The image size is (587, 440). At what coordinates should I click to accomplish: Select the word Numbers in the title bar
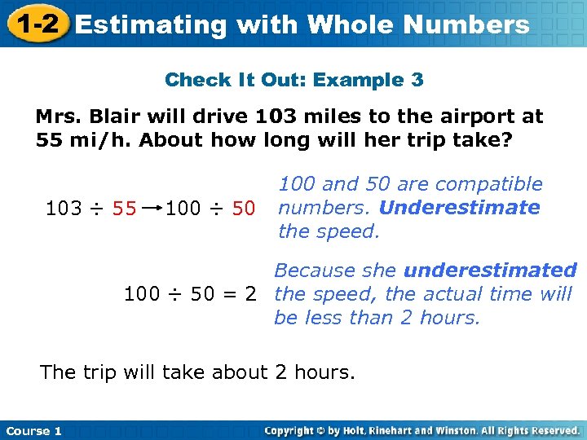(468, 24)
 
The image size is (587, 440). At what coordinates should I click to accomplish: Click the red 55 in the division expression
(125, 209)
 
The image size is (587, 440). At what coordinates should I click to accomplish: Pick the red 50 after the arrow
(243, 209)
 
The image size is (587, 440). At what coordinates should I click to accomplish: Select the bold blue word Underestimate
(459, 208)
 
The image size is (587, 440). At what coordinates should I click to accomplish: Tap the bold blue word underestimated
(490, 271)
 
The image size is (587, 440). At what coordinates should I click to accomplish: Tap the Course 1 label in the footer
(34, 431)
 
